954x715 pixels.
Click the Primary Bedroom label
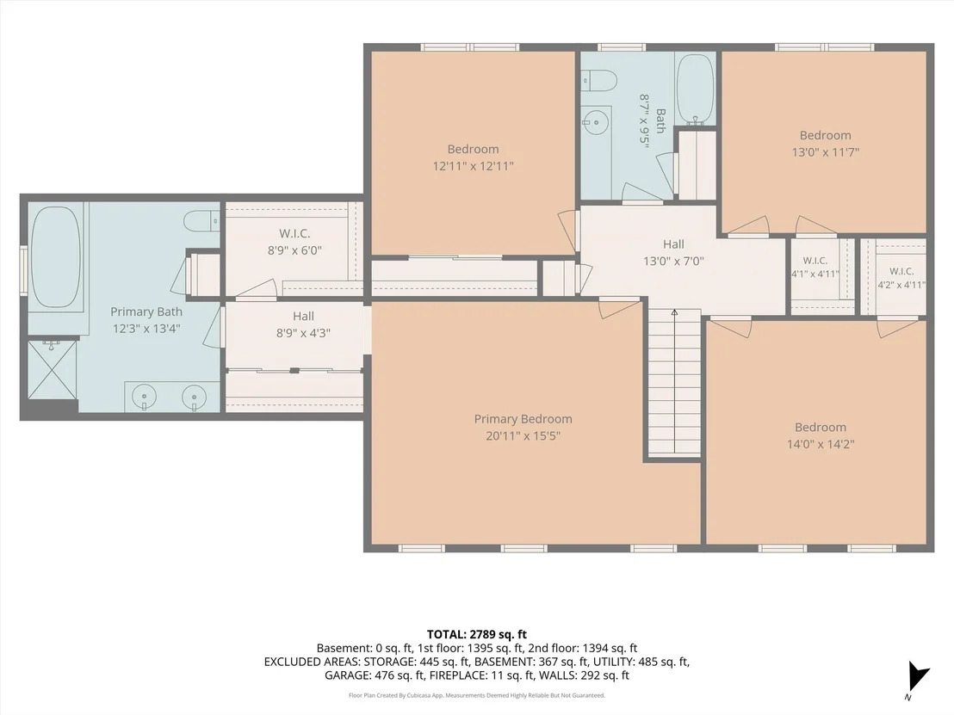pyautogui.click(x=523, y=419)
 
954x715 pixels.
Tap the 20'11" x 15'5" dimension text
pyautogui.click(x=523, y=436)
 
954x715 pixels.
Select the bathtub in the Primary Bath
pyautogui.click(x=55, y=256)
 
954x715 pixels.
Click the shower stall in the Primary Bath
pyautogui.click(x=53, y=370)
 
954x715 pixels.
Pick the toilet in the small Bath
pyautogui.click(x=599, y=79)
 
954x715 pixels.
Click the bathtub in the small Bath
pyautogui.click(x=696, y=89)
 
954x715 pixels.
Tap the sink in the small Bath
pyautogui.click(x=596, y=123)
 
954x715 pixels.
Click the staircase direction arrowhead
pyautogui.click(x=674, y=312)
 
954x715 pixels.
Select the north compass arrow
pyautogui.click(x=917, y=677)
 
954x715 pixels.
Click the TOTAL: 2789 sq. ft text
pyautogui.click(x=476, y=635)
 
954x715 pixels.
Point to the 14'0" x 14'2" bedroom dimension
pyautogui.click(x=821, y=445)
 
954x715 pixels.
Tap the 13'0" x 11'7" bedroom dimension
pyautogui.click(x=825, y=152)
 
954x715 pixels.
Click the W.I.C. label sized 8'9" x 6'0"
pyautogui.click(x=294, y=233)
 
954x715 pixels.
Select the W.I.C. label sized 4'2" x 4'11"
pyautogui.click(x=901, y=271)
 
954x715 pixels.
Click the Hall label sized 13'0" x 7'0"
pyautogui.click(x=673, y=244)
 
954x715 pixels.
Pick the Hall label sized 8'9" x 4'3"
pyautogui.click(x=303, y=316)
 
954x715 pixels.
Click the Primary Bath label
pyautogui.click(x=146, y=312)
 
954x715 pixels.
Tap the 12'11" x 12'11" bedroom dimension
pyautogui.click(x=473, y=166)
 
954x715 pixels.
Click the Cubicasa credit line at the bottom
pyautogui.click(x=476, y=695)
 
